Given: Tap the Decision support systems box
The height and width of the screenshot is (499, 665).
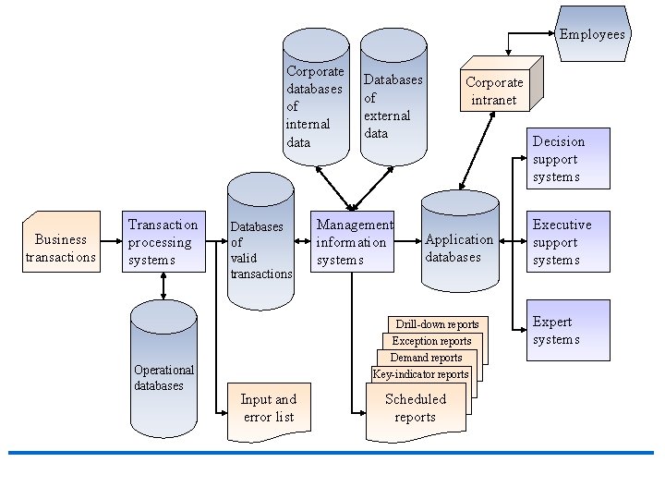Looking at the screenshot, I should (x=570, y=158).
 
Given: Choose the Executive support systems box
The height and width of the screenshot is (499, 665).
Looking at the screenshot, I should (x=570, y=242).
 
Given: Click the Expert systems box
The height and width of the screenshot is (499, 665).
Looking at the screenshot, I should (x=570, y=330).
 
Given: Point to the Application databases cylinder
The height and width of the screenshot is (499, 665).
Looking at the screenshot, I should (x=458, y=248).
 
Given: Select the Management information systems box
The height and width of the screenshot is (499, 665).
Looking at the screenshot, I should (x=352, y=242).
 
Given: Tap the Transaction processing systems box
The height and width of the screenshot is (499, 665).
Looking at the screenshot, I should (x=163, y=242).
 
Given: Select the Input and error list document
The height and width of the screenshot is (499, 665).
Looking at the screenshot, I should (x=267, y=409).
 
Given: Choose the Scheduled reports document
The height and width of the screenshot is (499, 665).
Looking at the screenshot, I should (x=415, y=408).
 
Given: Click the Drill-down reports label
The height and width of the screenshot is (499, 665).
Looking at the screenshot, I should (x=437, y=324).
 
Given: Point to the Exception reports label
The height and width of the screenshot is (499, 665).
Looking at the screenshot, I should (x=431, y=341).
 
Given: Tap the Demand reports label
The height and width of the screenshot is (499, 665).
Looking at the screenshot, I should (x=426, y=358).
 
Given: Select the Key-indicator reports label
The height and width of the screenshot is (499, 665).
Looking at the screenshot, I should (x=420, y=374).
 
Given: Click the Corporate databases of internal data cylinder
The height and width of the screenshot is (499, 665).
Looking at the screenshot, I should (x=316, y=102).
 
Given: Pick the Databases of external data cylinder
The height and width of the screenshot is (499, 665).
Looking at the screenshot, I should (x=393, y=102).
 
